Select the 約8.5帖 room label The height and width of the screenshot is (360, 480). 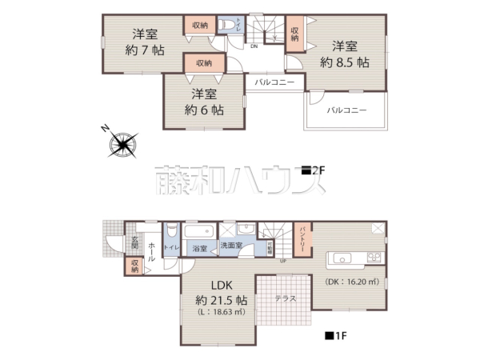pos(345,53)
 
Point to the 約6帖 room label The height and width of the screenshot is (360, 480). pos(203,102)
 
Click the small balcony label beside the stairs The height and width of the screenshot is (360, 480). pos(275,82)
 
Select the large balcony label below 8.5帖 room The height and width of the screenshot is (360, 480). pos(346,111)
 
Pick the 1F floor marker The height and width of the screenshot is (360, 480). pos(335,337)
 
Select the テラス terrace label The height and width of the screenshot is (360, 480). pos(285,298)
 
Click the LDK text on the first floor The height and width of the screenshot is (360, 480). pos(222,286)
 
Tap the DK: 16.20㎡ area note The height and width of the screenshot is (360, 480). pos(350,282)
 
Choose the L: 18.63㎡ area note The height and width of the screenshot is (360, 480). pos(222,312)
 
